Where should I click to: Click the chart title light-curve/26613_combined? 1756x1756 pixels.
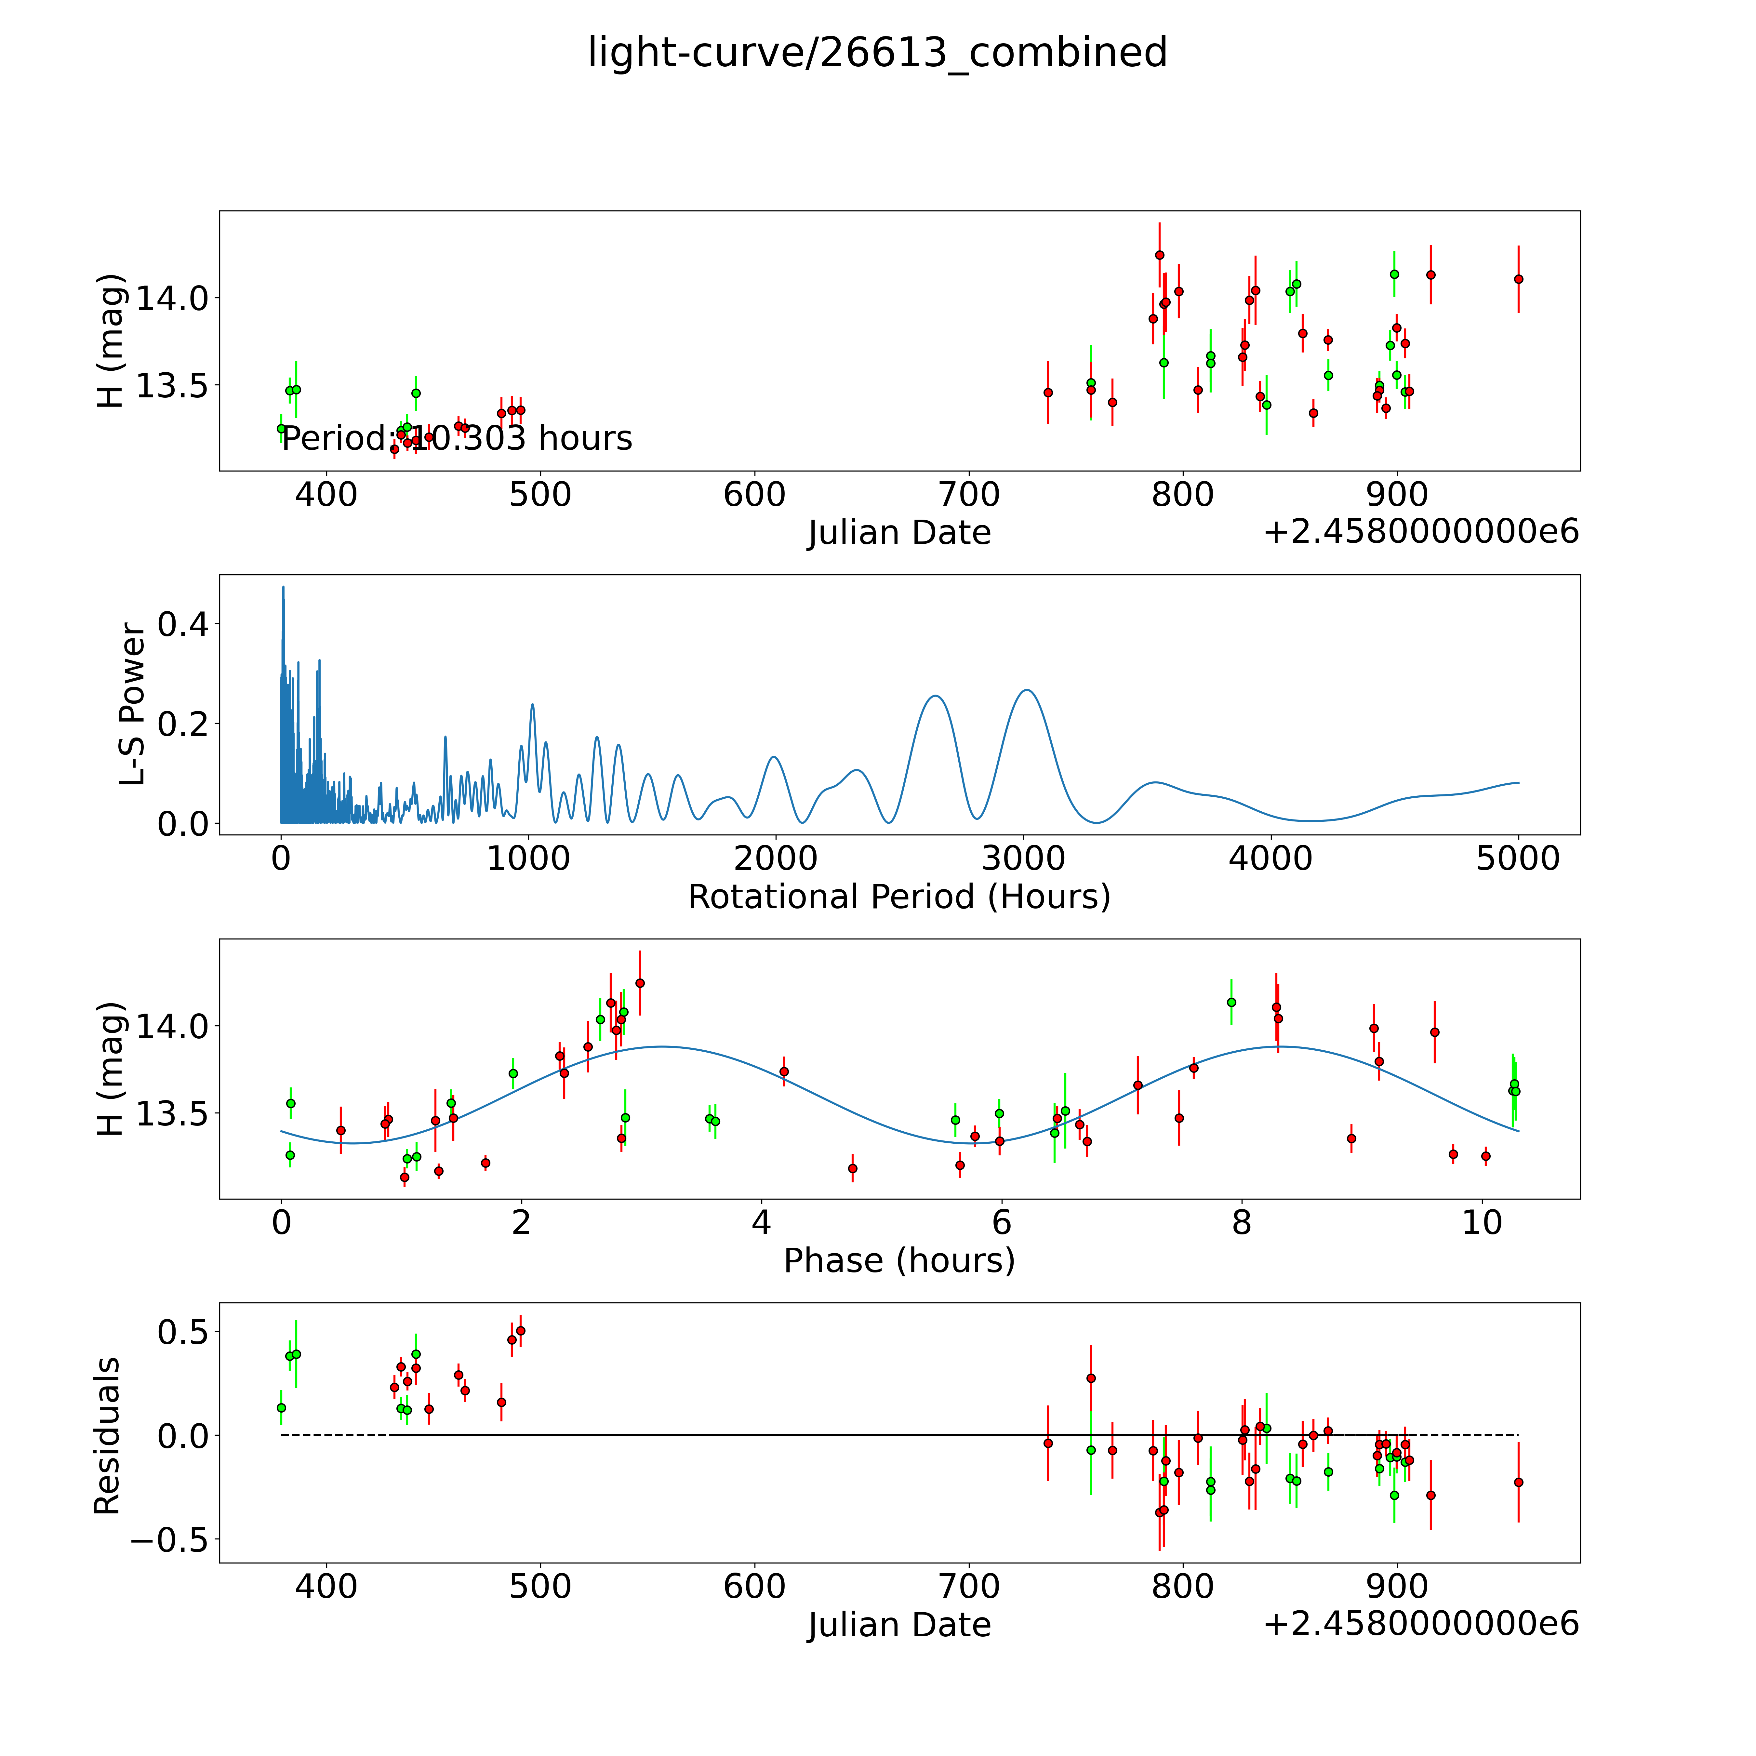pyautogui.click(x=877, y=53)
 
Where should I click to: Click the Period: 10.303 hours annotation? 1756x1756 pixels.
pyautogui.click(x=456, y=439)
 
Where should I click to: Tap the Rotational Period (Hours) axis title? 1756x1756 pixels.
pyautogui.click(x=899, y=897)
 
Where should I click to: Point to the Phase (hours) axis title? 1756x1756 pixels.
pyautogui.click(x=899, y=1261)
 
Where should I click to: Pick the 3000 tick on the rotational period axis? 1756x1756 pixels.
pyautogui.click(x=1023, y=858)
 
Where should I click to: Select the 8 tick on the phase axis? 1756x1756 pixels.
pyautogui.click(x=1242, y=1222)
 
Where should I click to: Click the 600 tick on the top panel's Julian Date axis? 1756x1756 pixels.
pyautogui.click(x=754, y=495)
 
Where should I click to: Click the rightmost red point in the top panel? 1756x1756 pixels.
pyautogui.click(x=1518, y=279)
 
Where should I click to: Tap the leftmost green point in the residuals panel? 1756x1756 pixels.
pyautogui.click(x=281, y=1408)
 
